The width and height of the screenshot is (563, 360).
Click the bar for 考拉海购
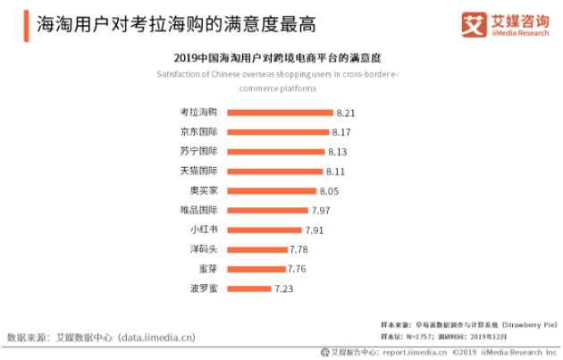[280, 113]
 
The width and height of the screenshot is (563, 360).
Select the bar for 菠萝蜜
[248, 289]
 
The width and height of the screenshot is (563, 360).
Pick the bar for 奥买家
[272, 190]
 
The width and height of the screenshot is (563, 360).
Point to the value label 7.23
[284, 289]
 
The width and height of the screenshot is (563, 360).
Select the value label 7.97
[321, 210]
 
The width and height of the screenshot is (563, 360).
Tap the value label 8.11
[336, 171]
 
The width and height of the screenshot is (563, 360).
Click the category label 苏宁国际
[198, 152]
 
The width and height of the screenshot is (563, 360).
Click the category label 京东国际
[198, 132]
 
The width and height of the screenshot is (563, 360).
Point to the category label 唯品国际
[198, 210]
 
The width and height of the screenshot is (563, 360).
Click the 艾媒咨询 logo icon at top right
[474, 25]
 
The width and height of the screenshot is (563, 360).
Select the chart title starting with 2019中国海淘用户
[281, 57]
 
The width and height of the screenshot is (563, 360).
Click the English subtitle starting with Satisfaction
[281, 81]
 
